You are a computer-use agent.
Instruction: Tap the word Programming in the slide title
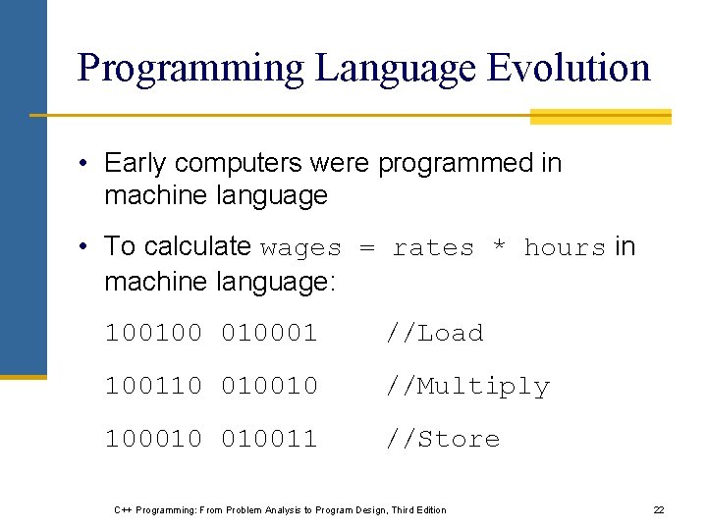190,68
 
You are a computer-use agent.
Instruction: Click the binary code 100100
153,333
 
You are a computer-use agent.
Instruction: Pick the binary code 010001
269,333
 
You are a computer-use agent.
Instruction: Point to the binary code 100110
153,386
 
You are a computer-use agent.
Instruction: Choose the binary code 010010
269,386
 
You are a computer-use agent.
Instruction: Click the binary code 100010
153,439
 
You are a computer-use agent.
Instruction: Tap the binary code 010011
269,439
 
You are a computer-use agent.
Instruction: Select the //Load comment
434,333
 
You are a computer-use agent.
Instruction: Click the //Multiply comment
467,387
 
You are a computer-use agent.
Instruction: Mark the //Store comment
442,439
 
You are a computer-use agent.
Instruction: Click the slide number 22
659,510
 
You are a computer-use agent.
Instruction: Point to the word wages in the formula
301,248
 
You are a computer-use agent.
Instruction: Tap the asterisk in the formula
499,248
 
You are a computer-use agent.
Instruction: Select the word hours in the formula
565,248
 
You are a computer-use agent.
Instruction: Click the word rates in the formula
433,248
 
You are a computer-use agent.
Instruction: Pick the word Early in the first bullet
136,163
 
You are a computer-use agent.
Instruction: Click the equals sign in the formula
367,248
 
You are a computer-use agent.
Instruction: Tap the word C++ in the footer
123,510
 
